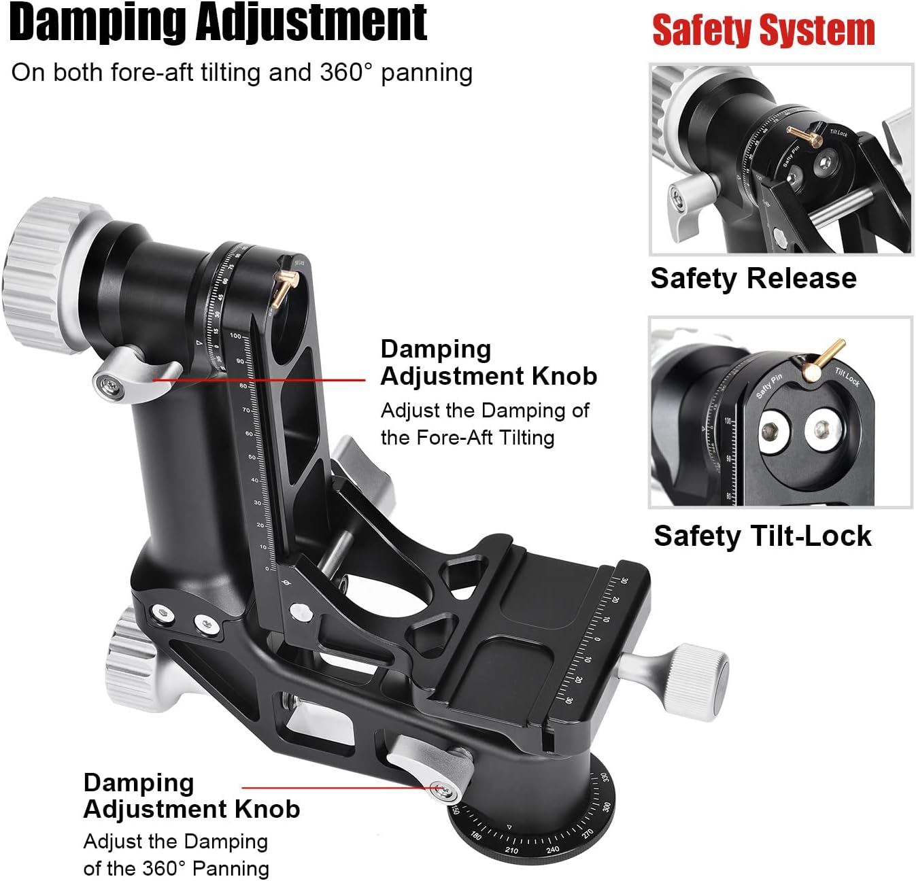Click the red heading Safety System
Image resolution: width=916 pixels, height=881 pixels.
coord(763,31)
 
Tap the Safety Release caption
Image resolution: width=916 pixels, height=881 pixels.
coord(753,279)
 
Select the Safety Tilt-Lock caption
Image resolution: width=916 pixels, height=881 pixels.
coord(762,536)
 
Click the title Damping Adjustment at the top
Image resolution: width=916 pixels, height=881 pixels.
coord(218,23)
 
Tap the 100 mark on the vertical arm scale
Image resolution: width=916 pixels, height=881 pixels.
coord(235,336)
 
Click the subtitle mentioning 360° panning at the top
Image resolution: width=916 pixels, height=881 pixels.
coord(241,73)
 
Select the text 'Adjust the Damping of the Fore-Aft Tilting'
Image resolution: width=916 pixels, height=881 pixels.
coord(484,424)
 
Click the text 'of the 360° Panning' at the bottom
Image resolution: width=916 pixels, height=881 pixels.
coord(176,868)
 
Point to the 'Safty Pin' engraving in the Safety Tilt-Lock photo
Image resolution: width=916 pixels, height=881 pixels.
coord(769,386)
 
